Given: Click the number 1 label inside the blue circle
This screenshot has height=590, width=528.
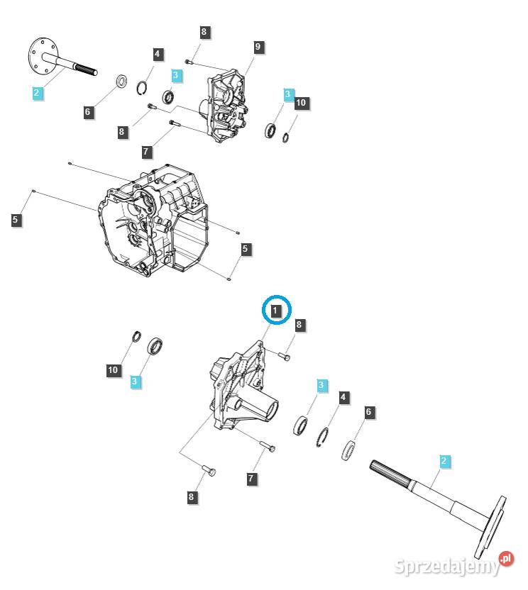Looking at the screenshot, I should pos(277,310).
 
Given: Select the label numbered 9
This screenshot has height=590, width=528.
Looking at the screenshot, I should pos(258,47).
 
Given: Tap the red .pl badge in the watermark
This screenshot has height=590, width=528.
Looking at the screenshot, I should pos(505,559).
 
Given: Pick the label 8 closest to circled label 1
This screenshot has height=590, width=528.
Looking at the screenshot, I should pos(299,325).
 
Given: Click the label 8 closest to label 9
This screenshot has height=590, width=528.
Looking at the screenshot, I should pos(204,32).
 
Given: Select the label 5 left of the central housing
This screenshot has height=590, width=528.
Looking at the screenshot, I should pos(16,221).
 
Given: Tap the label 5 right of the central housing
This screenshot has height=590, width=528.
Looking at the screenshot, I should pos(245,249).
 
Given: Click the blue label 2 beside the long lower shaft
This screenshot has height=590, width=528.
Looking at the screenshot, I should pos(444,462).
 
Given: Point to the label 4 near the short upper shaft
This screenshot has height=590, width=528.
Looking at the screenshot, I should pos(158,54).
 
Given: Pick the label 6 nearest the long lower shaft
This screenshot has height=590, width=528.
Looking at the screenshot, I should pos(368,412).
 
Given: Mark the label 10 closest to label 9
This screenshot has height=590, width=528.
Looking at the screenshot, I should pos(301,104).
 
